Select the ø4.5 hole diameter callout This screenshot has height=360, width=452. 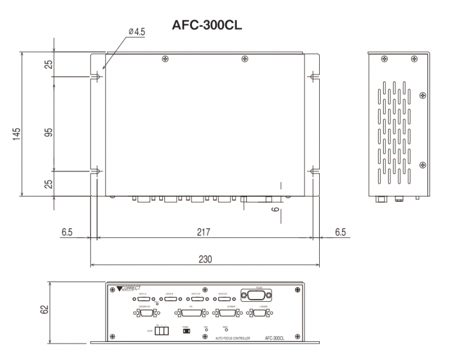[x=137, y=32]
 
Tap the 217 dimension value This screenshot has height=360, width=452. [x=203, y=232]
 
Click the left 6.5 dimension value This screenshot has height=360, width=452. [x=67, y=232]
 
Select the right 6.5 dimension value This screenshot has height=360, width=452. [x=340, y=232]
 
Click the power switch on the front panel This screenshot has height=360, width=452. [x=185, y=331]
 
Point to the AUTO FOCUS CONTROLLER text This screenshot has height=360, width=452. [x=230, y=337]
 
